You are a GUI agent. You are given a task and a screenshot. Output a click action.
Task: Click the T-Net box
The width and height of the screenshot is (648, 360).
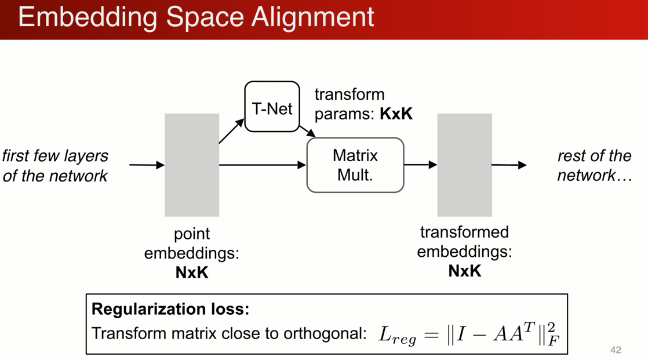point(272,107)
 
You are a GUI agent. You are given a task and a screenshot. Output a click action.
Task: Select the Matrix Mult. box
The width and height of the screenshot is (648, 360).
point(355,165)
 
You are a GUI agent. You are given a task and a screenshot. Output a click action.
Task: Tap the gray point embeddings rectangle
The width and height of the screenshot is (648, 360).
point(192,165)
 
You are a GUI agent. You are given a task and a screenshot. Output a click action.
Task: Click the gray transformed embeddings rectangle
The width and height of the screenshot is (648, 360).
point(464,165)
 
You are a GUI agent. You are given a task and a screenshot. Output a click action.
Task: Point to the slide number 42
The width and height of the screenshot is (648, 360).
point(616,350)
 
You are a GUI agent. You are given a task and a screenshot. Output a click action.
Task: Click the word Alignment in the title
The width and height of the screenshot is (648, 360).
point(312,17)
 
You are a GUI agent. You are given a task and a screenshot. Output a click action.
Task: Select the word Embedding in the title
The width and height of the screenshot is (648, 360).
point(88,17)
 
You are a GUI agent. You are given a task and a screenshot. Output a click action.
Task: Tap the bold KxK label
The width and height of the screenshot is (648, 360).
point(396,114)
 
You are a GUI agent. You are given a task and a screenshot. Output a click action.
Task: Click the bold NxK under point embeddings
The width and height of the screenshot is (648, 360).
point(192,272)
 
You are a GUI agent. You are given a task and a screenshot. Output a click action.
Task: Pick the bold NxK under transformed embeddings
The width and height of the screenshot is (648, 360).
point(464,271)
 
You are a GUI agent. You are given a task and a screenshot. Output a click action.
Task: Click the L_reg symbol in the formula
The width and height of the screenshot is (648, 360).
point(397,335)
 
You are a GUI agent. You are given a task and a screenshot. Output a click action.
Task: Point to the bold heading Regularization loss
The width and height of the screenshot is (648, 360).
point(170,309)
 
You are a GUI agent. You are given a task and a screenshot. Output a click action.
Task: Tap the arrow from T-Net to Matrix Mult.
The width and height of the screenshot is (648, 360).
point(307,132)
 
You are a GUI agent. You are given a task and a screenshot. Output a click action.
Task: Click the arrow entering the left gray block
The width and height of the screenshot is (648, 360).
point(147,165)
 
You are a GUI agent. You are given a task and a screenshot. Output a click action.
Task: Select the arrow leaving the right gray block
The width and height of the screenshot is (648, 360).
point(509,165)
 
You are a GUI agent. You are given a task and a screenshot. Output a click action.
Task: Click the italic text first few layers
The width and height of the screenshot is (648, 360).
point(56,156)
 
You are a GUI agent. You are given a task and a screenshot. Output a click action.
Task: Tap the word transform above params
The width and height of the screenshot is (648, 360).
point(350,94)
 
